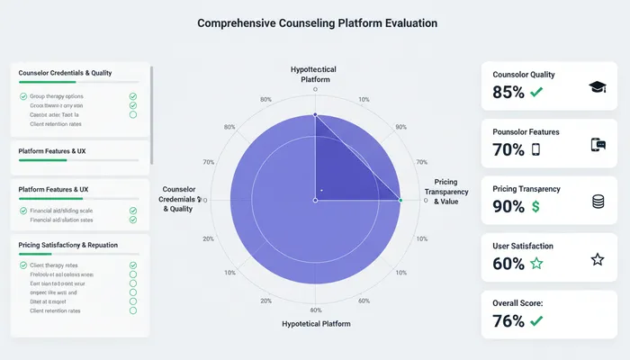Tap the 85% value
point(508,92)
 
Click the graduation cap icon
point(597,86)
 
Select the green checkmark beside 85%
point(537,92)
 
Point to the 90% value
point(508,207)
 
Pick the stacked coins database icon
point(598,202)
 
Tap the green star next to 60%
point(536,264)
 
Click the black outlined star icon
point(597,259)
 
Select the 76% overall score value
point(508,320)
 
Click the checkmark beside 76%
point(537,320)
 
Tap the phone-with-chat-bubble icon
point(597,144)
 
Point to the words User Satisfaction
point(523,246)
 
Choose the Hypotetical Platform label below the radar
point(315,323)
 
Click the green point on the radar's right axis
point(400,200)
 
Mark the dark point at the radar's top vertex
point(315,115)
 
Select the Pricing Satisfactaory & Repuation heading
point(67,245)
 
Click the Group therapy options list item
point(57,95)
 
